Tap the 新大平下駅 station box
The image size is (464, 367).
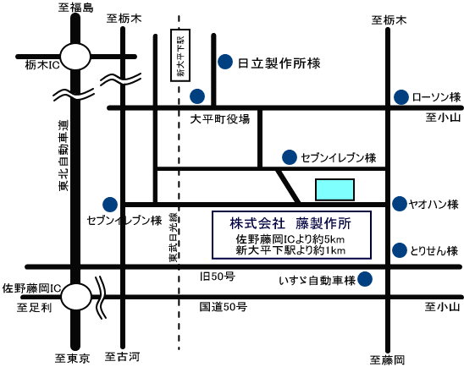coord(179,56)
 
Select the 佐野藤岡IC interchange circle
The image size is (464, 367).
coord(77,297)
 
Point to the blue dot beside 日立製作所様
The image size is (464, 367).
coord(225,61)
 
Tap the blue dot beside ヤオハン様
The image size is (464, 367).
coord(398,204)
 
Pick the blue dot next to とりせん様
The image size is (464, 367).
coord(398,250)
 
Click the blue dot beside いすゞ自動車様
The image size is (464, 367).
coord(366,278)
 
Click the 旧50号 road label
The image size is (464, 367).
coord(217,277)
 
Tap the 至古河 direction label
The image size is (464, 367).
coord(121,358)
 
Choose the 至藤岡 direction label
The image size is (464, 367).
coord(388,359)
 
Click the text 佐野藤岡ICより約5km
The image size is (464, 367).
coord(290,240)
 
